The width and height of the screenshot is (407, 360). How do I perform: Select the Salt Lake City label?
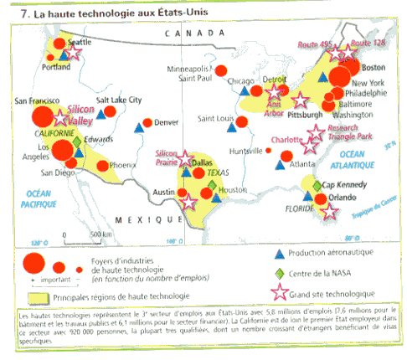tap(118, 100)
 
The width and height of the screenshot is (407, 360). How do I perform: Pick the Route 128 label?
tap(365, 42)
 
